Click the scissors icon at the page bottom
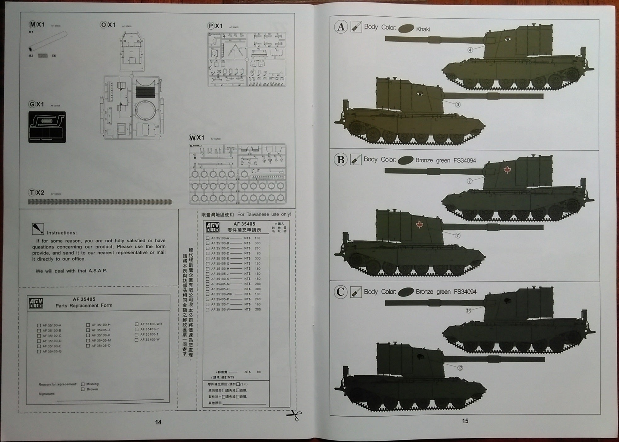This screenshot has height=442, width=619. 294,415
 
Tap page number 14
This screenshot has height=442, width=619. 158,422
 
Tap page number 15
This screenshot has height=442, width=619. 465,421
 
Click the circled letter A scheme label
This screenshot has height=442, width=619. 341,27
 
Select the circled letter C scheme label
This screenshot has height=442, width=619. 341,292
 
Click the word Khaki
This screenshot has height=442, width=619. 423,29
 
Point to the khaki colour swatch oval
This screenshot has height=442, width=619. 406,29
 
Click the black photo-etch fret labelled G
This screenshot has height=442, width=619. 47,127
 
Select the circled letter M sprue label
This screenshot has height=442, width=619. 32,25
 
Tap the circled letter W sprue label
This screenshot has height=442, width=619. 192,138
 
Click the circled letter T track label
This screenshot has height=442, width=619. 32,193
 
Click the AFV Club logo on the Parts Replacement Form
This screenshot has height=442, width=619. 36,303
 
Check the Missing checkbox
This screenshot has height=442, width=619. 83,384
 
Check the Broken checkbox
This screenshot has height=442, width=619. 83,389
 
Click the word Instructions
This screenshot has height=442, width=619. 62,233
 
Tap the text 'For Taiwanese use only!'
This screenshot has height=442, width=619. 264,214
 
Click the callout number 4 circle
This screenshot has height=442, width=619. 470,50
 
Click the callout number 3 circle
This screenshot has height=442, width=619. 458,104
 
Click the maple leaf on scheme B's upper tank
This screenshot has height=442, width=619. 507,170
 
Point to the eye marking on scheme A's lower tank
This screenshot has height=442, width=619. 420,93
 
